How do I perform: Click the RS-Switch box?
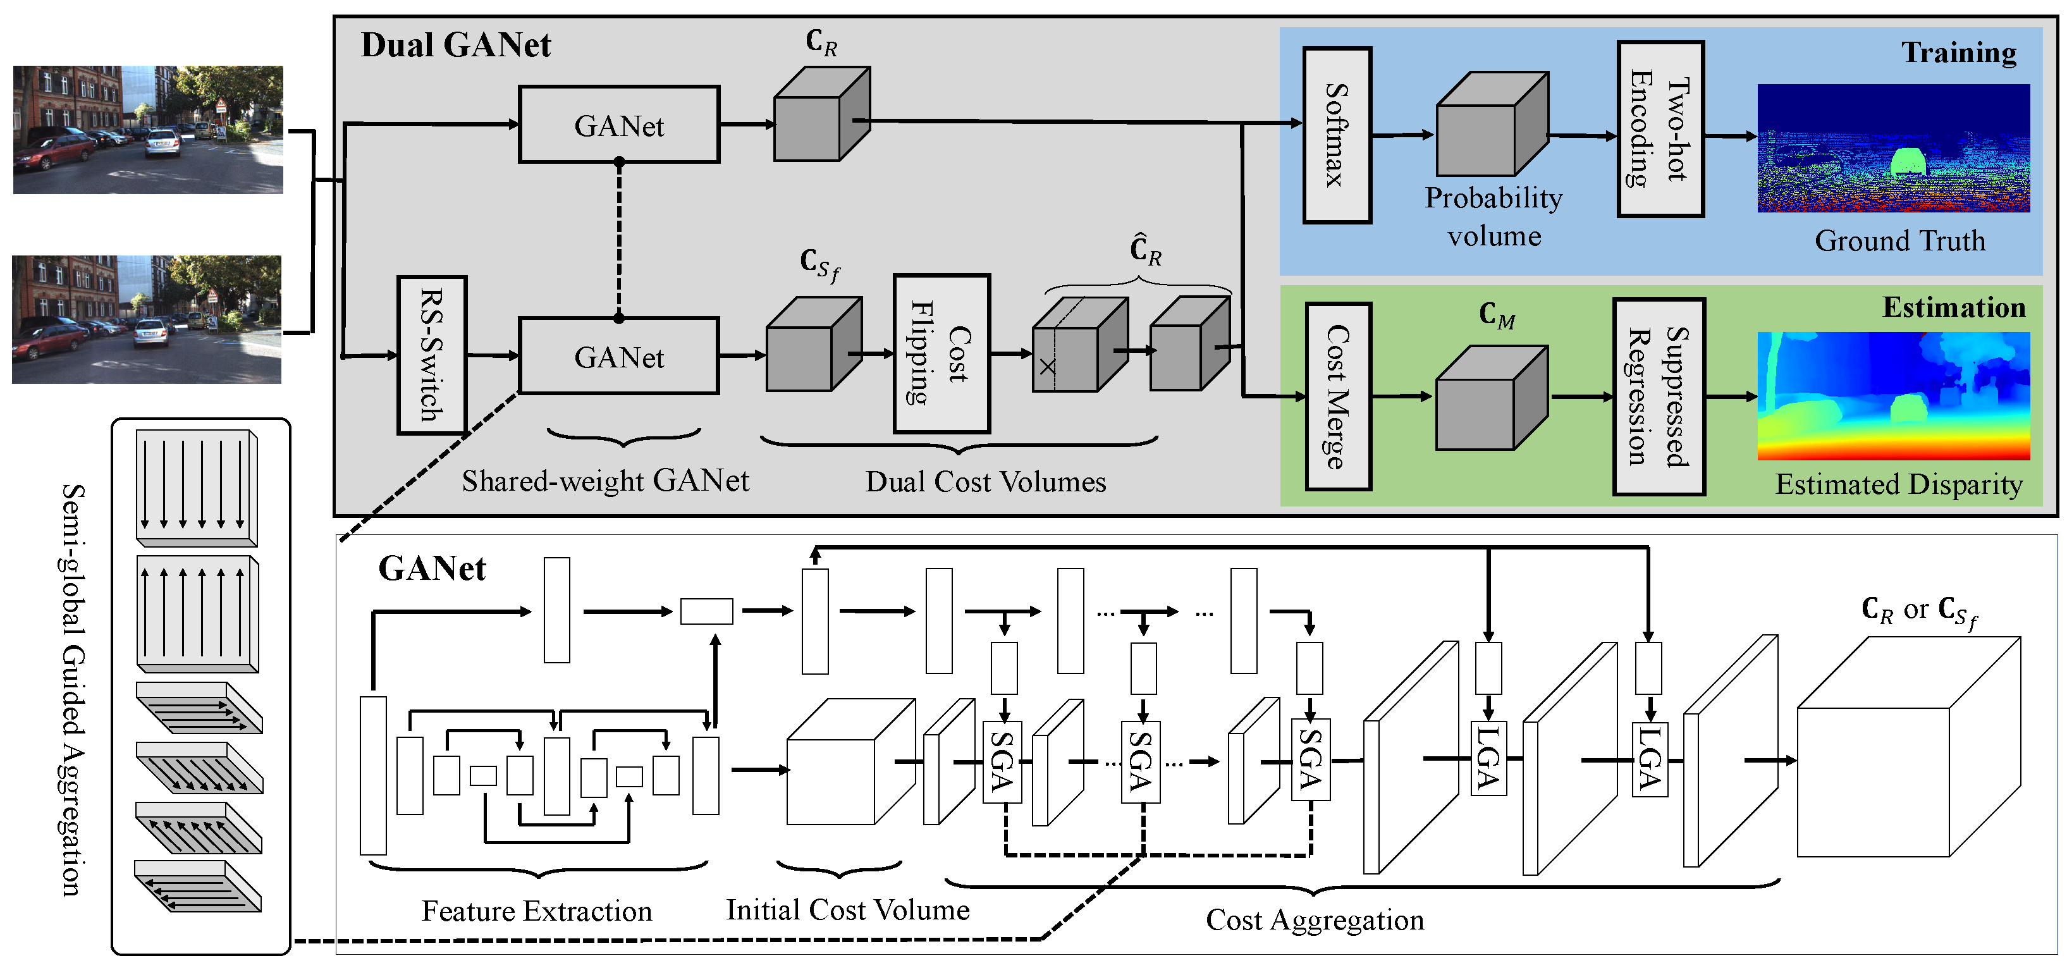(x=432, y=355)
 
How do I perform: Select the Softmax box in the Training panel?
(x=1336, y=135)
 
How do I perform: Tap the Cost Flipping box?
(x=941, y=354)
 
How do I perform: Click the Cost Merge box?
(x=1337, y=396)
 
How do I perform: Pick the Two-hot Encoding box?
(x=1659, y=129)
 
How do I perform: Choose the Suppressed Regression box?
(x=1659, y=396)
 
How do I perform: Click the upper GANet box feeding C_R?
(x=618, y=125)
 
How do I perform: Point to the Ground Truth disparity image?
(x=1893, y=149)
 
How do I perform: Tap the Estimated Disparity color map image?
(x=1893, y=396)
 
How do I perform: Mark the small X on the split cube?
(x=1046, y=367)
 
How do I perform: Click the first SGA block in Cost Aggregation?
(x=1002, y=761)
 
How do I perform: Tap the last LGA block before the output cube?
(x=1650, y=759)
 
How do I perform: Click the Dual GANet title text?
(x=455, y=45)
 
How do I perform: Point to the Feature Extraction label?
(x=536, y=911)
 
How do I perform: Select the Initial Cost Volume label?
(x=847, y=909)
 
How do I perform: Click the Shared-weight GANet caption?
(x=605, y=481)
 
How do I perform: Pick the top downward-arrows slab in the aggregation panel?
(x=196, y=488)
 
